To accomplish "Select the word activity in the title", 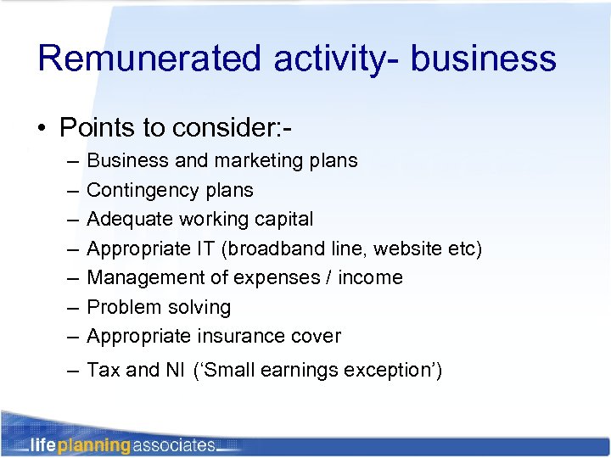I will pos(326,59).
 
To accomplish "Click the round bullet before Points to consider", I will pos(42,129).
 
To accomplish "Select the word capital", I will pos(281,219).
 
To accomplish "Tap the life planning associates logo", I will pos(123,444).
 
